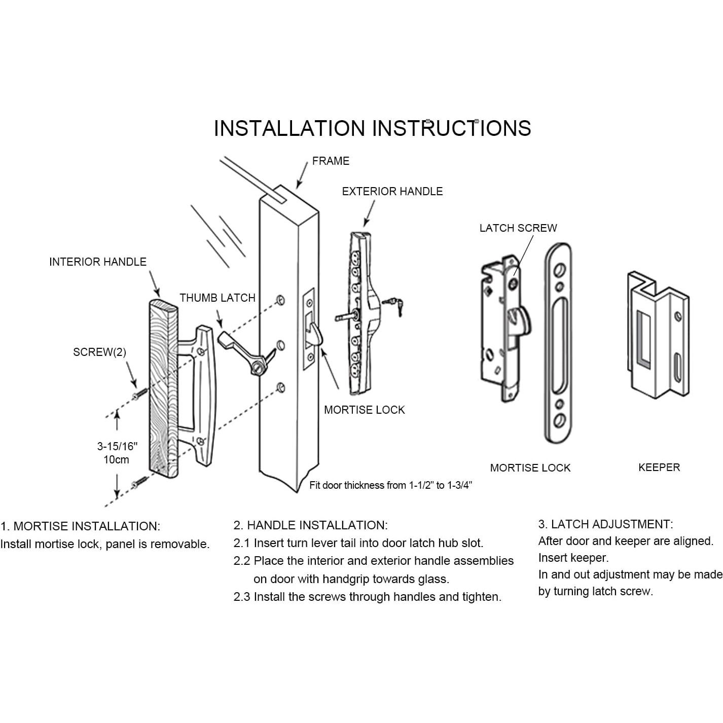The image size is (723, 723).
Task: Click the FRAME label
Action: pyautogui.click(x=331, y=161)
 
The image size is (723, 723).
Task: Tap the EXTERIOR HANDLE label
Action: pyautogui.click(x=392, y=192)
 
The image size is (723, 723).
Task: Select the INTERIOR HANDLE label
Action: pyautogui.click(x=97, y=262)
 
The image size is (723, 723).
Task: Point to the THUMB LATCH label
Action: pyautogui.click(x=217, y=298)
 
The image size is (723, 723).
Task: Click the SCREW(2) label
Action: pyautogui.click(x=99, y=352)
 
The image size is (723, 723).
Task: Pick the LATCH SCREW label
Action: pyautogui.click(x=518, y=228)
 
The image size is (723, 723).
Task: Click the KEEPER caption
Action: pyautogui.click(x=659, y=467)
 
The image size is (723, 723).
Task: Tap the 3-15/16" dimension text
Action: pyautogui.click(x=117, y=447)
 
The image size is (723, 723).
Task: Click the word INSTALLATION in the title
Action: pyautogui.click(x=289, y=128)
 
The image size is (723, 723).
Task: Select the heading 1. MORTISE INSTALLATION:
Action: pyautogui.click(x=80, y=526)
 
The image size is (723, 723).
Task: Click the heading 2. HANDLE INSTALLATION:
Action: pyautogui.click(x=310, y=525)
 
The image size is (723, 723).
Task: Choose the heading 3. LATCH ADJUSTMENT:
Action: pyautogui.click(x=605, y=524)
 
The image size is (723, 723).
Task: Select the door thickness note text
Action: pyautogui.click(x=390, y=486)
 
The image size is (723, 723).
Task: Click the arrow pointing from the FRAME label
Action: pyautogui.click(x=302, y=175)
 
